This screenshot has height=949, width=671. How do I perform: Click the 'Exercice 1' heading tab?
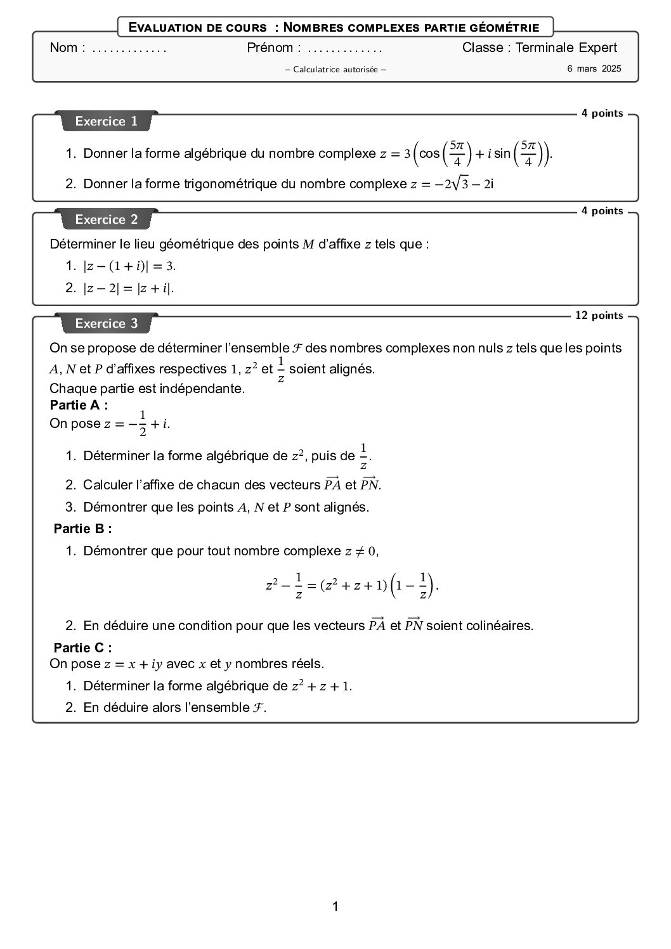[x=106, y=121]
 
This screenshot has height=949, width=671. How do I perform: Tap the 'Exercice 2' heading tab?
[x=106, y=219]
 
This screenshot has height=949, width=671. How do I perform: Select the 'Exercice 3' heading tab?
[x=106, y=323]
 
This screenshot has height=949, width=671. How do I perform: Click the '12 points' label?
[x=599, y=315]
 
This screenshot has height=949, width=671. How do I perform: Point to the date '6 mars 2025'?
[x=594, y=68]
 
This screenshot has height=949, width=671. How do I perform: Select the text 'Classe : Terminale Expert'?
[x=539, y=48]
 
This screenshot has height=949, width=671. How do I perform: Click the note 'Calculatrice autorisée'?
[x=335, y=69]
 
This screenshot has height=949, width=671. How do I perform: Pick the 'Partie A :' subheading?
[x=79, y=405]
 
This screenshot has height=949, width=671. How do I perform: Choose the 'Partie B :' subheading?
[x=83, y=528]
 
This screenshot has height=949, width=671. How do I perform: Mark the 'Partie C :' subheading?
[x=83, y=647]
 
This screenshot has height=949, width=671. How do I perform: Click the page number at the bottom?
[x=335, y=907]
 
